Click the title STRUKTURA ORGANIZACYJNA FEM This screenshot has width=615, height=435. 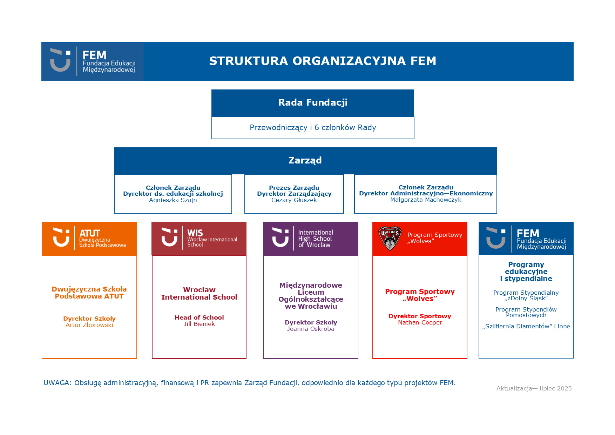pos(323,61)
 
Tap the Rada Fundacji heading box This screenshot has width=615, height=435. pos(313,103)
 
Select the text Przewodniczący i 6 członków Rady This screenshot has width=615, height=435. pos(313,128)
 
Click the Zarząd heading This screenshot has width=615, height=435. pos(305,161)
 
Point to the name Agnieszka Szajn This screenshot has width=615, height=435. pos(173,200)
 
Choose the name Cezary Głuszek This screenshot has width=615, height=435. pos(294,200)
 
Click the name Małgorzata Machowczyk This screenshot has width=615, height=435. pos(426,200)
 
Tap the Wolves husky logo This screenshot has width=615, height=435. pos(390,238)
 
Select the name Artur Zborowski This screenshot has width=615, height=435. pos(89,325)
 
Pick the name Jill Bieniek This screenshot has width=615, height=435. pos(199,324)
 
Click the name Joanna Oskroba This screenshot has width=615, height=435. pos(311,329)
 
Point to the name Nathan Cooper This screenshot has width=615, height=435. pos(420,323)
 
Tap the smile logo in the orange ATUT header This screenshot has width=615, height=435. pos(61,237)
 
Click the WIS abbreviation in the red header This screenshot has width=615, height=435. pos(195,233)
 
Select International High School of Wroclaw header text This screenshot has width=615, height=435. pos(315,239)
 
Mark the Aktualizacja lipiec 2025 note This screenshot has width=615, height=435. pos(534,389)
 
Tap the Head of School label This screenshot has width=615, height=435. pos(199,318)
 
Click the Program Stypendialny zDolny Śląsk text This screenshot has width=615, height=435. pos(526,295)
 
